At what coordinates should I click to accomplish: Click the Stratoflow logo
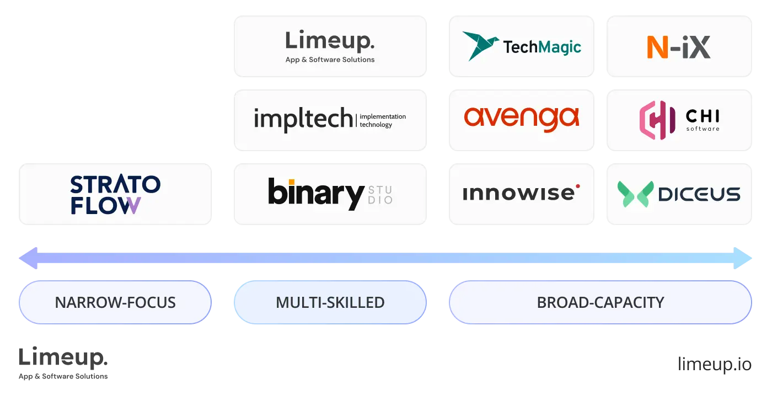[115, 194]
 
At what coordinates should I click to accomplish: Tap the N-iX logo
[678, 47]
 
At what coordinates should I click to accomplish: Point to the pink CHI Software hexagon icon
[657, 120]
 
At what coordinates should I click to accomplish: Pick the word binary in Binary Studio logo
[315, 194]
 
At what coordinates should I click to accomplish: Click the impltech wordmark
[303, 119]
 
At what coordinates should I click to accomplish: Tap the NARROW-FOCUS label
[115, 302]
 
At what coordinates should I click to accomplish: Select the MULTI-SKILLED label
[330, 302]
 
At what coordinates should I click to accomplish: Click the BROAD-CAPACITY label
[600, 302]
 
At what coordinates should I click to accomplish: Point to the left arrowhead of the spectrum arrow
[28, 258]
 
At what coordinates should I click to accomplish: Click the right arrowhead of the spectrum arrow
[744, 258]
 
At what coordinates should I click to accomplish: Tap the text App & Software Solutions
[330, 60]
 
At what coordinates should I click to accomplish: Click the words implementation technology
[382, 120]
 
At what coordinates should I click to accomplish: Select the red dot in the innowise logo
[577, 186]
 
